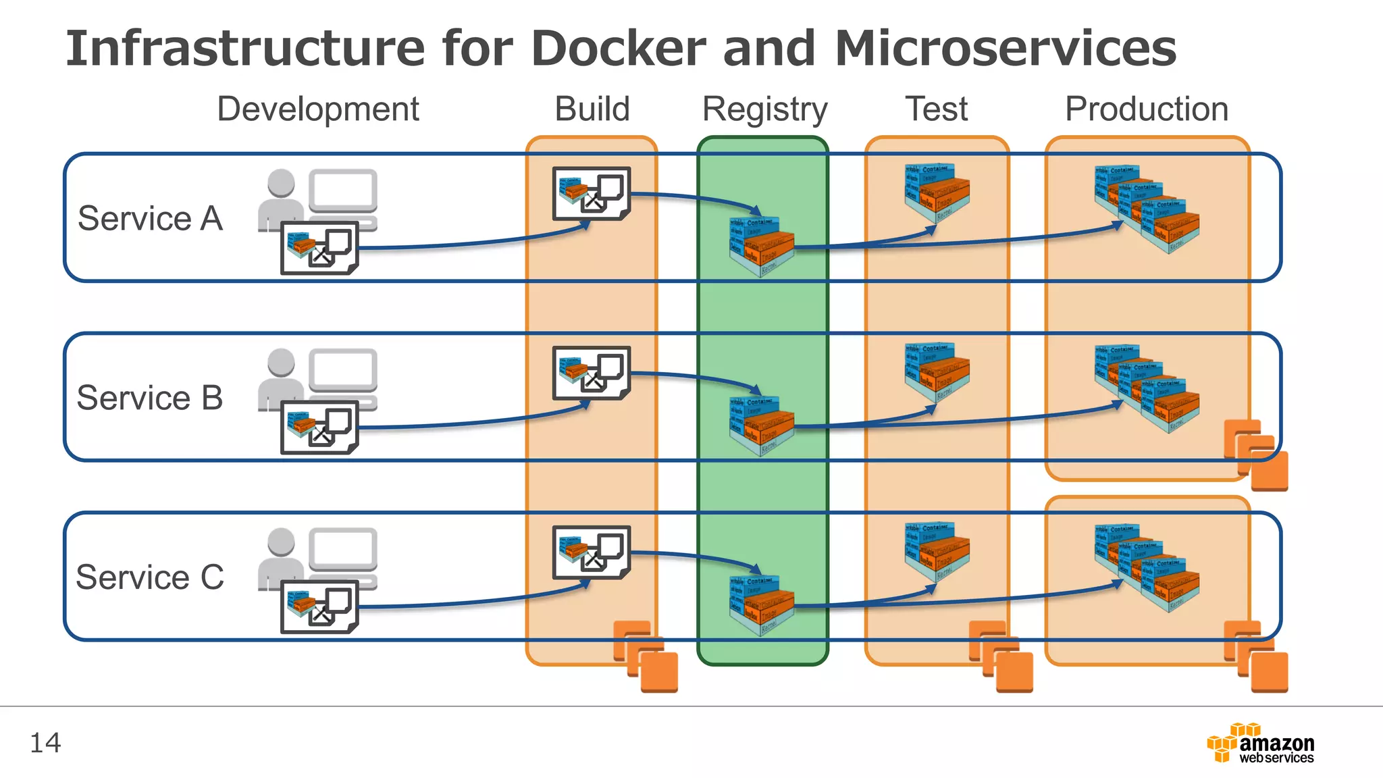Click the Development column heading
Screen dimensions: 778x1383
[x=317, y=109]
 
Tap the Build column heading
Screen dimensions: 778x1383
[x=592, y=109]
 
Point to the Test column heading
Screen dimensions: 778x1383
[x=936, y=109]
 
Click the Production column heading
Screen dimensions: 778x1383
[x=1146, y=109]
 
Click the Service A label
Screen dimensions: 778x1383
[x=150, y=218]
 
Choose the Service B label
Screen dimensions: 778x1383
[x=149, y=397]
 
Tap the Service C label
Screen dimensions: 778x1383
[x=149, y=577]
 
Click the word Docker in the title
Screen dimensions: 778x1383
[x=618, y=49]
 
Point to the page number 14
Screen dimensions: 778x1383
[x=45, y=743]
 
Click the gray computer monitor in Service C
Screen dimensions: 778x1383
[x=343, y=550]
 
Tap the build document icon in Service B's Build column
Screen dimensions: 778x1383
[x=591, y=373]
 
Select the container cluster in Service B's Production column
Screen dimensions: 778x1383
[x=1147, y=388]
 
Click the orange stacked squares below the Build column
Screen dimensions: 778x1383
[x=646, y=656]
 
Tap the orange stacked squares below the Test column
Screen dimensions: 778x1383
[x=1001, y=656]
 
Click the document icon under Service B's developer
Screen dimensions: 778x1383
[x=319, y=427]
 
